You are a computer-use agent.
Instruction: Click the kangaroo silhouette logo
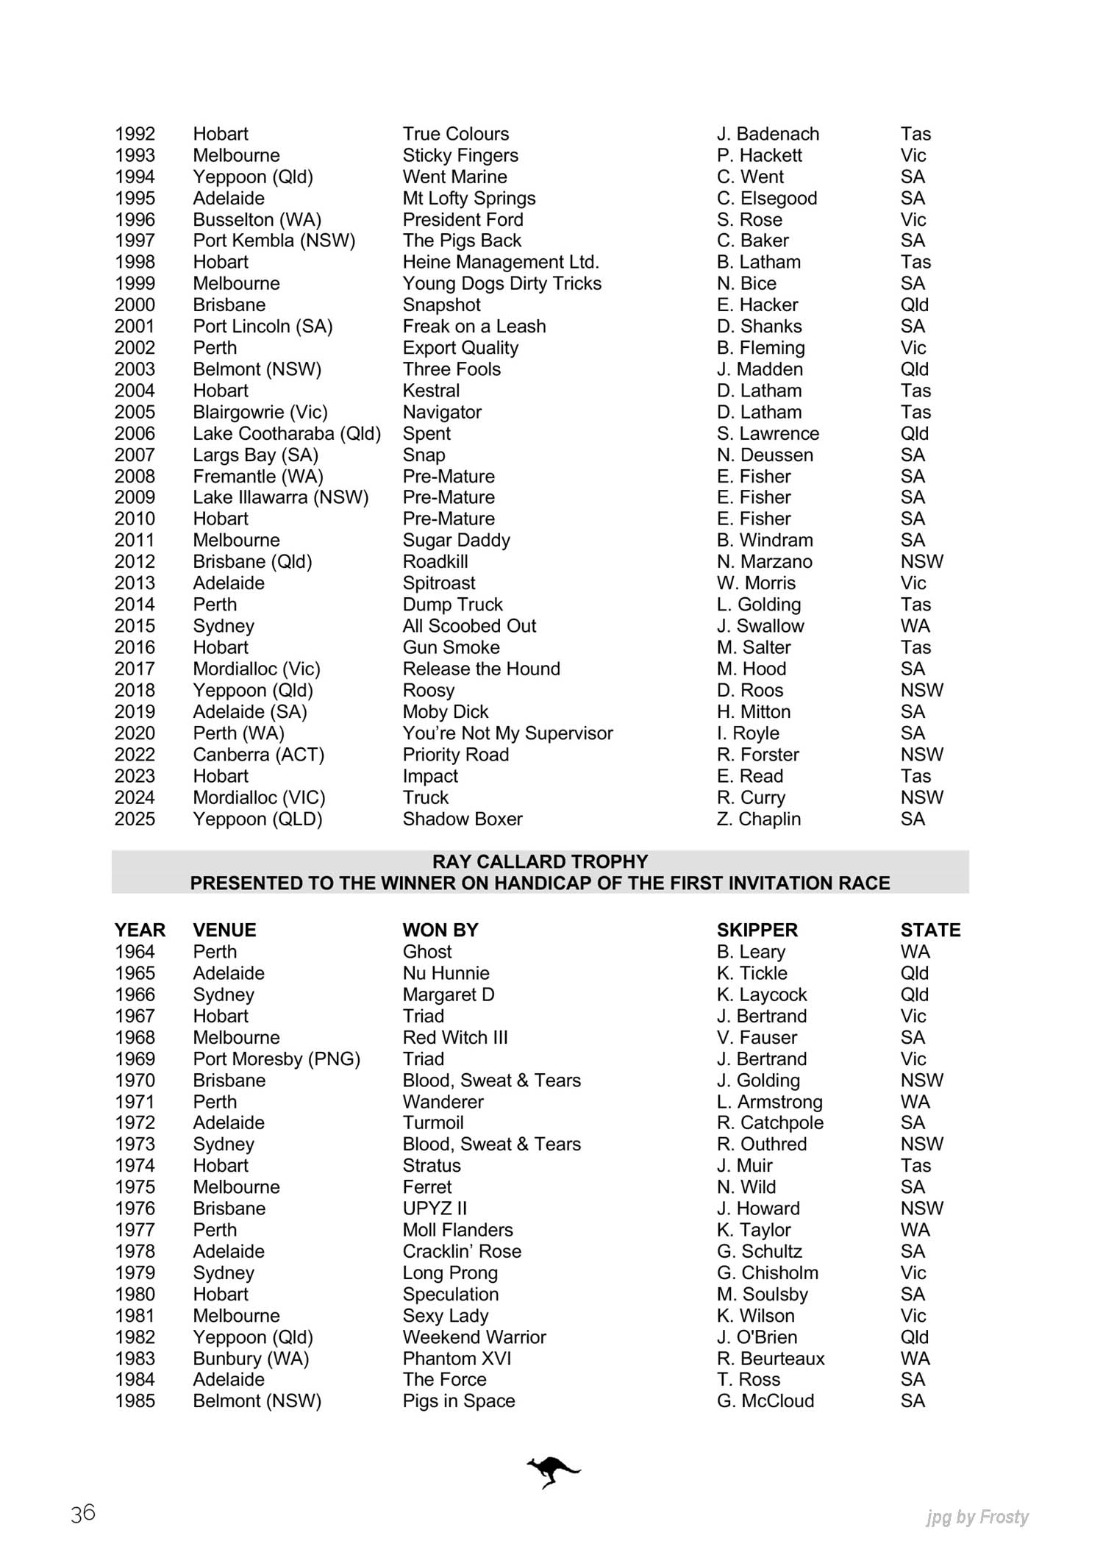pyautogui.click(x=553, y=1472)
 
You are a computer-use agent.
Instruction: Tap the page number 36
pyautogui.click(x=83, y=1513)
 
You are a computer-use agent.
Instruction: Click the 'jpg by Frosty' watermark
pyautogui.click(x=977, y=1517)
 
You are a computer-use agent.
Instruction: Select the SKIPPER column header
pyautogui.click(x=757, y=930)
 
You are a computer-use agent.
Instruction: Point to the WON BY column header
pyautogui.click(x=440, y=930)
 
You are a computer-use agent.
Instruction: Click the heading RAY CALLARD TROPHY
pyautogui.click(x=540, y=861)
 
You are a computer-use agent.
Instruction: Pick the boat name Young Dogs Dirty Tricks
pyautogui.click(x=501, y=283)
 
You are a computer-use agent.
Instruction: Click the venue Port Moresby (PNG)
pyautogui.click(x=276, y=1058)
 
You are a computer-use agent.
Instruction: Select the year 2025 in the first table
pyautogui.click(x=135, y=819)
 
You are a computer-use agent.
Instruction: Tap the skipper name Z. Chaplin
pyautogui.click(x=758, y=819)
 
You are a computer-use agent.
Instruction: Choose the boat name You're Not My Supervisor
pyautogui.click(x=507, y=733)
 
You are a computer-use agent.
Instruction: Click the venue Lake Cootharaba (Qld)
pyautogui.click(x=287, y=433)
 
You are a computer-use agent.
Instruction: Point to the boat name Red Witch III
pyautogui.click(x=454, y=1037)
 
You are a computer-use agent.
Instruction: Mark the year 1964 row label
pyautogui.click(x=135, y=952)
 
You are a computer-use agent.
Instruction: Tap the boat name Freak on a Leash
pyautogui.click(x=474, y=326)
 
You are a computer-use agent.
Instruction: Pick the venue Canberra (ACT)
pyautogui.click(x=258, y=755)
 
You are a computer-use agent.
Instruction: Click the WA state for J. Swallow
pyautogui.click(x=915, y=626)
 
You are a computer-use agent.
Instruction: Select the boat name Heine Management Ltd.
pyautogui.click(x=500, y=262)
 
